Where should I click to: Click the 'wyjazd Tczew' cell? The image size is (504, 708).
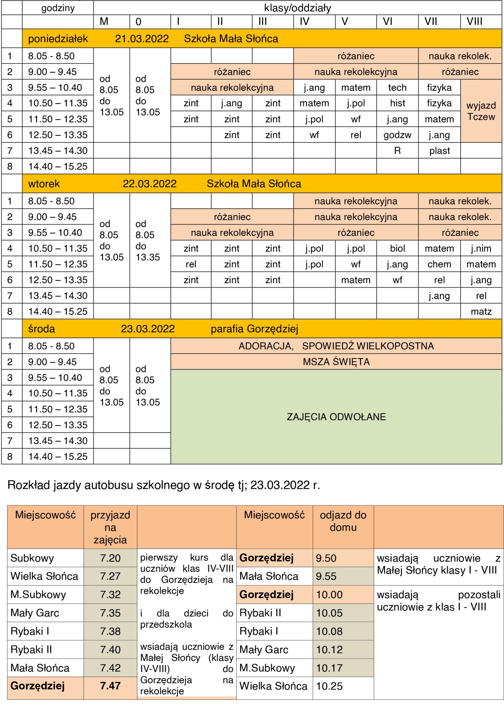tap(481, 111)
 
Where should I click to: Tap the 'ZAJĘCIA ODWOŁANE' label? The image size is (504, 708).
tap(336, 417)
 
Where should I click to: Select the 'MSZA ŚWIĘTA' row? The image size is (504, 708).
tap(336, 361)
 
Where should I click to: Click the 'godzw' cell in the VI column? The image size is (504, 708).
tap(397, 135)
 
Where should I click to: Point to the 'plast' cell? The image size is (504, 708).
tap(439, 151)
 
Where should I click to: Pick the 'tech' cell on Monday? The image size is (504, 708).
tap(397, 87)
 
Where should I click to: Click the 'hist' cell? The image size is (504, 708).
tap(397, 103)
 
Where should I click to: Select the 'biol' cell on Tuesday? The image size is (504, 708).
tap(397, 248)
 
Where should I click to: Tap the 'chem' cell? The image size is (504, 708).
tap(439, 264)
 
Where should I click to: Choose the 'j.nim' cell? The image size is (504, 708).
tap(481, 248)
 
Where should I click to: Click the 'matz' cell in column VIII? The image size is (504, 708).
tap(481, 311)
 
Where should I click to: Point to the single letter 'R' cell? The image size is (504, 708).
tap(397, 151)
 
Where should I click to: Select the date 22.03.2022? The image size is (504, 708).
tap(149, 184)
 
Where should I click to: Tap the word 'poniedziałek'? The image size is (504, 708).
tap(58, 39)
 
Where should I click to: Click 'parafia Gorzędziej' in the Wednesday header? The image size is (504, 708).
tap(254, 329)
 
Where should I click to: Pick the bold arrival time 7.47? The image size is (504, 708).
tap(110, 686)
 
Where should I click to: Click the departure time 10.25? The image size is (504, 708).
tap(329, 686)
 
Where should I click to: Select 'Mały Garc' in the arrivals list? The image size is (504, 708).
tap(35, 613)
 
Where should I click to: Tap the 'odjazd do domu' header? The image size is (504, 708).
tap(343, 521)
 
